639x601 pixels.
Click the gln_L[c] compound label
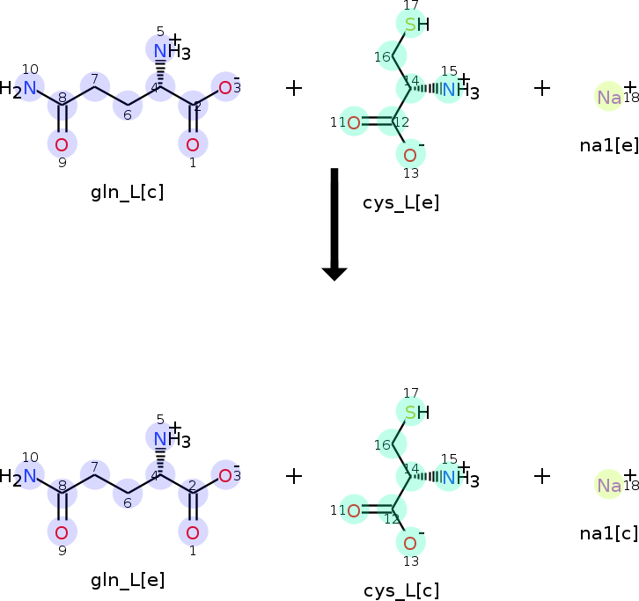[127, 192]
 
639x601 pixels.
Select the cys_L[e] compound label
[400, 203]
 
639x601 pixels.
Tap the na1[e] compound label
[608, 144]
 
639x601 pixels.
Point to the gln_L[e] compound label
[127, 580]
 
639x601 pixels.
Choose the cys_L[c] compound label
[400, 590]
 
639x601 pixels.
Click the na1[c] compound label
[608, 532]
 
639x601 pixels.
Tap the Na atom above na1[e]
[609, 98]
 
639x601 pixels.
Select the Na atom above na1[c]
[609, 485]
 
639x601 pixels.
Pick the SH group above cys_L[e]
[415, 25]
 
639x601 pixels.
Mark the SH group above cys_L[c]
[415, 412]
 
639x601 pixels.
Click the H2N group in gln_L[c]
[21, 88]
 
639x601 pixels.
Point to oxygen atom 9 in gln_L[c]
[62, 143]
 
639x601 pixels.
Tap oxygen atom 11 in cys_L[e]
[353, 122]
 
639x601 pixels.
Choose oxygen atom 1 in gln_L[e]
[193, 531]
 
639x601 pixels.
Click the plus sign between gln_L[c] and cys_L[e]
[294, 88]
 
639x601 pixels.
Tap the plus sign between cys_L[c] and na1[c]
[542, 476]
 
